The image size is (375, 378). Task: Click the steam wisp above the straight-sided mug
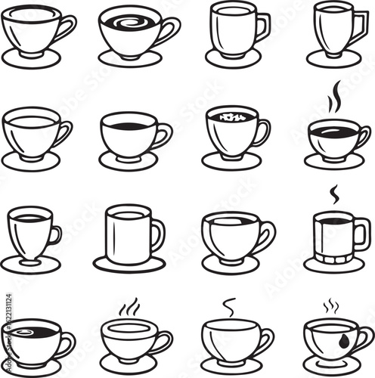tap(333, 194)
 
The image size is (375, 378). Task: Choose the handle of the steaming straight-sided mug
tap(362, 234)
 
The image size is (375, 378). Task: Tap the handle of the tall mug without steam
tap(157, 234)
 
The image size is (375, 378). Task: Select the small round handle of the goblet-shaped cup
tap(55, 234)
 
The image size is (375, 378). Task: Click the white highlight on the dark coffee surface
tap(23, 330)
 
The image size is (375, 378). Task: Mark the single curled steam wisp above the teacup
tap(229, 305)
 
